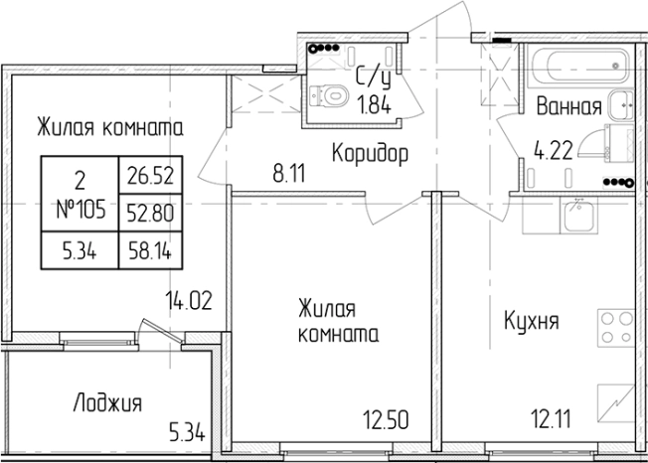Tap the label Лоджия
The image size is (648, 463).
(x=107, y=403)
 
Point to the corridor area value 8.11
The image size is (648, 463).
(x=288, y=171)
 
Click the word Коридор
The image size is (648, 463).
(x=370, y=153)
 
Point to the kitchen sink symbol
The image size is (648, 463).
(x=576, y=215)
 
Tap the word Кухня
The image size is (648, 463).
(x=531, y=321)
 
